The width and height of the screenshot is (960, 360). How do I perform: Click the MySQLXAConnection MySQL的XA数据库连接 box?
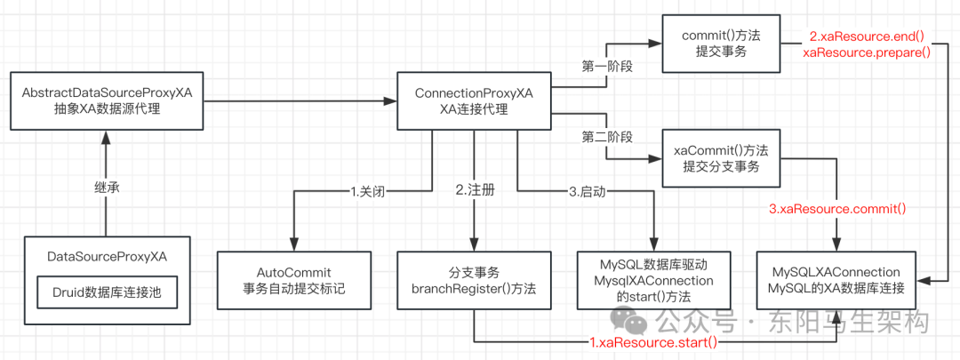836,279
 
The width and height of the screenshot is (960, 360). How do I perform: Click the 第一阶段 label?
607,67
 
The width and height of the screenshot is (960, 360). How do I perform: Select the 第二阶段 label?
607,137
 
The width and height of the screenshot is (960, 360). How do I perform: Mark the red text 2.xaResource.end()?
867,36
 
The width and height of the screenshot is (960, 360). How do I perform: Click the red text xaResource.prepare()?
867,52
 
